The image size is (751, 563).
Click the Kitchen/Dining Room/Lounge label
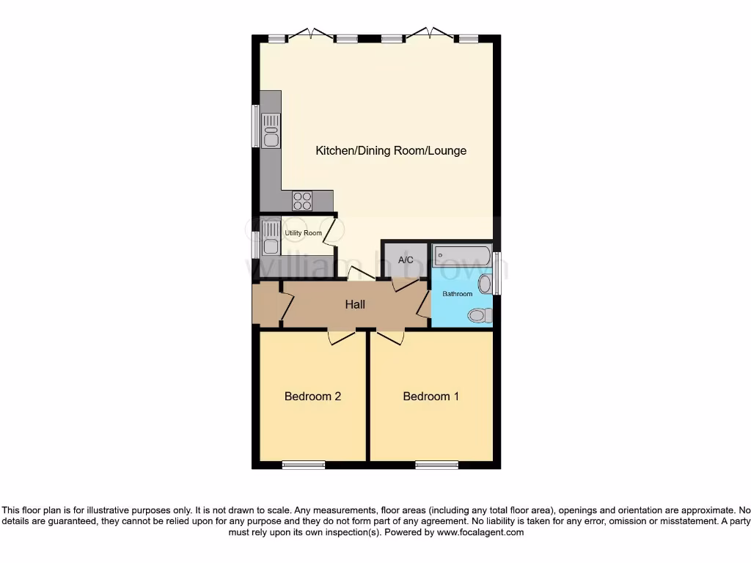[x=391, y=151]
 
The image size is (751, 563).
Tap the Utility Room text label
[x=304, y=233]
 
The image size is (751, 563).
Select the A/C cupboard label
[x=406, y=260]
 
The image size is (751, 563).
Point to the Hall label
[x=355, y=305]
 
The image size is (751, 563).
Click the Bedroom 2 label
[x=312, y=397]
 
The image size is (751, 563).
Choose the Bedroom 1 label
[x=431, y=397]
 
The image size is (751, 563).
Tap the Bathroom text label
[x=457, y=294]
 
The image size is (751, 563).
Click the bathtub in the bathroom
[x=462, y=256]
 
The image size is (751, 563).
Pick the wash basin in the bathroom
[x=485, y=284]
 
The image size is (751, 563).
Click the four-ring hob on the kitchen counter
[x=302, y=200]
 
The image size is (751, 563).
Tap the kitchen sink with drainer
[x=271, y=130]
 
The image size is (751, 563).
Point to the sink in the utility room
[x=271, y=236]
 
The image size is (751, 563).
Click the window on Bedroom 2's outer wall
[x=304, y=465]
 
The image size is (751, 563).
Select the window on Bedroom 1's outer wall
[x=436, y=465]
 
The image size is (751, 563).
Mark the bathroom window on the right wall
[x=497, y=273]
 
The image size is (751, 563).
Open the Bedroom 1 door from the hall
[x=391, y=337]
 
